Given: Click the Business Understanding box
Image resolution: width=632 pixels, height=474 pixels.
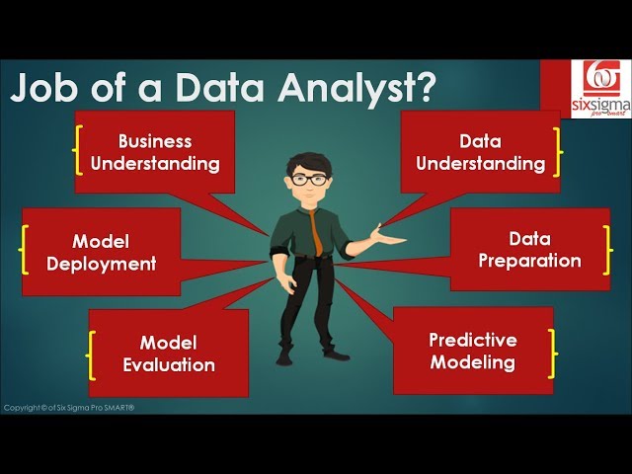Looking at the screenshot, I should click(155, 151).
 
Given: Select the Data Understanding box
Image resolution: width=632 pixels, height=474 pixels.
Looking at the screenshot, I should click(480, 151).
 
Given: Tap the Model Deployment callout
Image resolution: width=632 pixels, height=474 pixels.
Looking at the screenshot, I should click(101, 252).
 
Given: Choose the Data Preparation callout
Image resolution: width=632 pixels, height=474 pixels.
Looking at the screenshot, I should click(529, 250).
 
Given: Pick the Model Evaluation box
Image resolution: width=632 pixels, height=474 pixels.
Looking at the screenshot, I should click(168, 353).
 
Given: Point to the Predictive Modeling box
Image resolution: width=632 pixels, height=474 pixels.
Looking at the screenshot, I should click(472, 351).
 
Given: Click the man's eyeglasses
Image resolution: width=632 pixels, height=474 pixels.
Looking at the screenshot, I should click(308, 181).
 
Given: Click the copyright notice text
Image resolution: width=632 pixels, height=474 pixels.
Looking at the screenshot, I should click(69, 408).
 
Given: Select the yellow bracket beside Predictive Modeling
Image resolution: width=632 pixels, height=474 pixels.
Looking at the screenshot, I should click(552, 351).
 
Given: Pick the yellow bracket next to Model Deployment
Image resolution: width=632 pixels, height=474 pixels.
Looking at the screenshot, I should click(24, 252).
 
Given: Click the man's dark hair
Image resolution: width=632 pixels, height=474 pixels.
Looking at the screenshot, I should click(308, 161).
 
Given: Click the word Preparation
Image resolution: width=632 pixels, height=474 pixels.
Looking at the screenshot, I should click(529, 262).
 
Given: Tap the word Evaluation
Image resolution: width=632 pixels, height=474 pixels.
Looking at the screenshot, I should click(168, 364).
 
